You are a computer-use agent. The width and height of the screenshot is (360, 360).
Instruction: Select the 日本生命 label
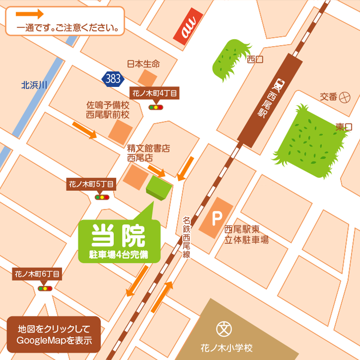143,64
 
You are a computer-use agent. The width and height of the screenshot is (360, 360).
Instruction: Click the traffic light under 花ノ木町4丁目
155,107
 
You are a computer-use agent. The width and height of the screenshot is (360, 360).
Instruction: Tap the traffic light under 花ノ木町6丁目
45,288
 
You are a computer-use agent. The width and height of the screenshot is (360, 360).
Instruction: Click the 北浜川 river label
34,85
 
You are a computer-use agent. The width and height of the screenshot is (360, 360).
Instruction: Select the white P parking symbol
217,219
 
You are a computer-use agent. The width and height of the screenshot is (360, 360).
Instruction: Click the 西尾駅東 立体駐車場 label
247,235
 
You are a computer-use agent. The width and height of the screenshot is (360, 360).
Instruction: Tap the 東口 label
343,127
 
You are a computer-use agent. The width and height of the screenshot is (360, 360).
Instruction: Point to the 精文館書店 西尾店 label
148,153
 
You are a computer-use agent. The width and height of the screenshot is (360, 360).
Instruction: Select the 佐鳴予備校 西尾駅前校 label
108,110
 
